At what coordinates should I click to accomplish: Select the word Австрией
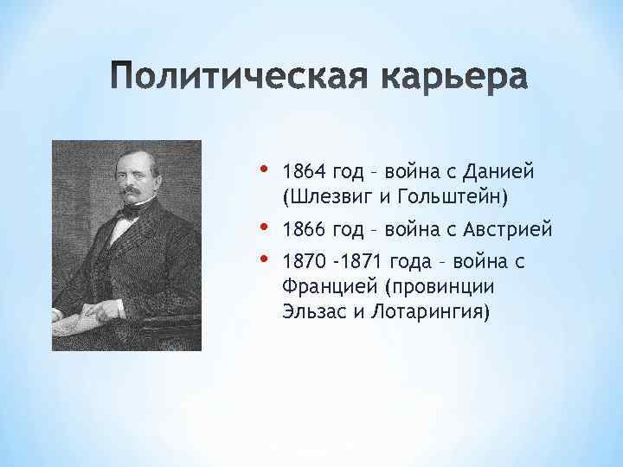tap(510, 231)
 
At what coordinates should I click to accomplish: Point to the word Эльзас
tap(313, 310)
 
